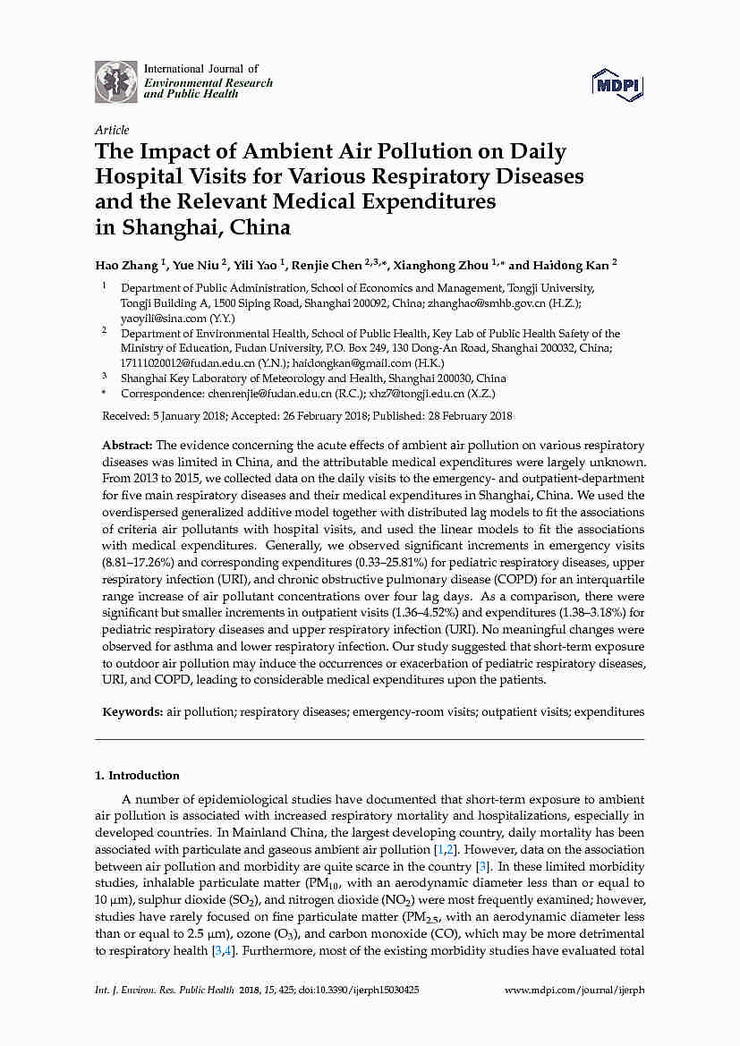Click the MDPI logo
pos(617,85)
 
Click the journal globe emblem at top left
pos(116,81)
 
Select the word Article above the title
pos(112,130)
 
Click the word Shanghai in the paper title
pos(164,226)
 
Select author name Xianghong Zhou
pos(440,265)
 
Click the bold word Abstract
pos(128,445)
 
